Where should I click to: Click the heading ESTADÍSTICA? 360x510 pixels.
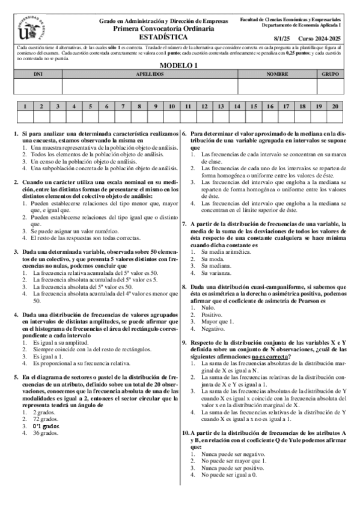(163, 37)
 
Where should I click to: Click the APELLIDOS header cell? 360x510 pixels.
(150, 74)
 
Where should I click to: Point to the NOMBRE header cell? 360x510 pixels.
(277, 74)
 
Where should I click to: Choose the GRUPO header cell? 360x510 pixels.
(330, 74)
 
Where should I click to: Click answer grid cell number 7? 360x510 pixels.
(123, 106)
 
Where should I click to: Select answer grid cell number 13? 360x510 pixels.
(221, 106)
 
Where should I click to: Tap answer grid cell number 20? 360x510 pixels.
(335, 106)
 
